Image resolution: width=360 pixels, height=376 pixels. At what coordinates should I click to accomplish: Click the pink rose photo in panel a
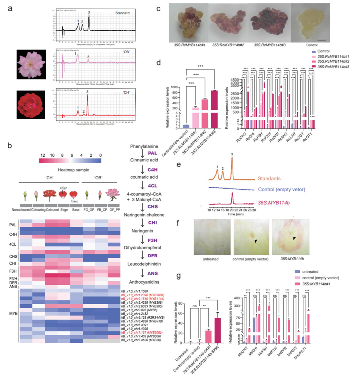pyautogui.click(x=31, y=64)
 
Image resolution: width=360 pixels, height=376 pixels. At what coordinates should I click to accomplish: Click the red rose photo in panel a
pyautogui.click(x=31, y=104)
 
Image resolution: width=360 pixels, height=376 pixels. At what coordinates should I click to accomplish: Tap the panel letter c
pyautogui.click(x=158, y=9)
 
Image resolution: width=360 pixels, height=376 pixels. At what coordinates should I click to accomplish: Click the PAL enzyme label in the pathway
pyautogui.click(x=152, y=153)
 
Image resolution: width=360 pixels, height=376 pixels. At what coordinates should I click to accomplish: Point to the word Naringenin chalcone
pyautogui.click(x=144, y=215)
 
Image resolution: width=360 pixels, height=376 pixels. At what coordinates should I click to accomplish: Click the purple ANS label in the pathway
pyautogui.click(x=152, y=273)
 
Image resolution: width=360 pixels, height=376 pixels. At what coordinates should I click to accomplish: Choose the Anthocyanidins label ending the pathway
pyautogui.click(x=144, y=282)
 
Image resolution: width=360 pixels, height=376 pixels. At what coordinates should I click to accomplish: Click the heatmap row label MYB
pyautogui.click(x=13, y=313)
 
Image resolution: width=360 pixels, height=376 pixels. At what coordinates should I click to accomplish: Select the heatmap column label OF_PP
pyautogui.click(x=114, y=210)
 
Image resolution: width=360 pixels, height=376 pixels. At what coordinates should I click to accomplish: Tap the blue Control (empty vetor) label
pyautogui.click(x=281, y=189)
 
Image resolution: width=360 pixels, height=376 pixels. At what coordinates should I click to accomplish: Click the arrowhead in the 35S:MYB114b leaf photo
pyautogui.click(x=294, y=238)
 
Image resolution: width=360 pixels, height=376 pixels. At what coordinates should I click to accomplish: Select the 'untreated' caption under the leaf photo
pyautogui.click(x=210, y=259)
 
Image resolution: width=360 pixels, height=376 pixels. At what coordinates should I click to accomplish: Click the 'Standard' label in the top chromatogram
pyautogui.click(x=122, y=13)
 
